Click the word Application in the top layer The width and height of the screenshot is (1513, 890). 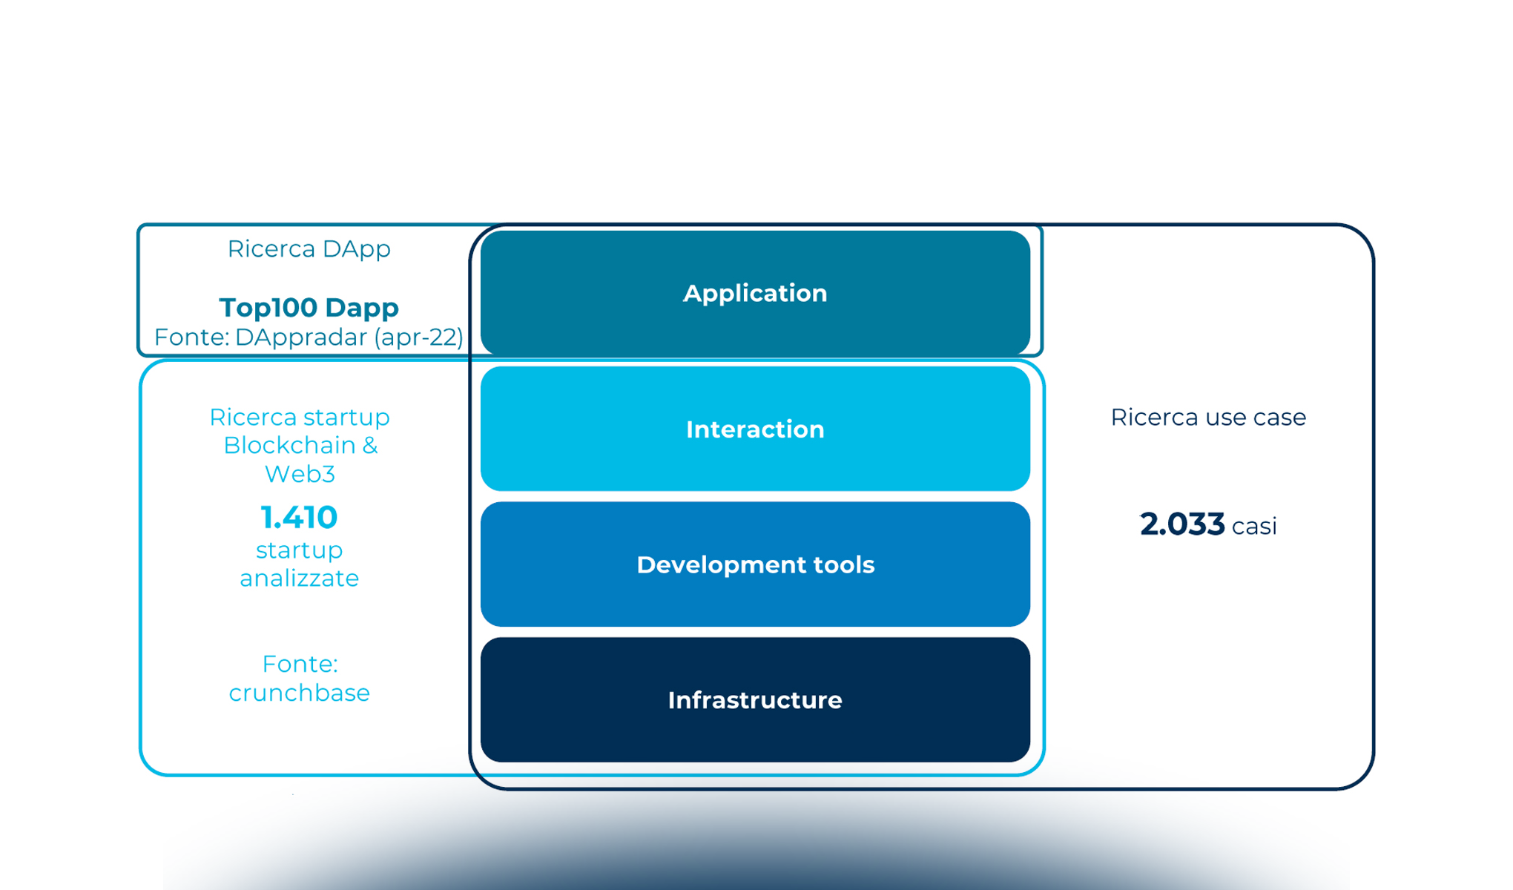pos(754,294)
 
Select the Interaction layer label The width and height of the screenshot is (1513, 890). pos(754,429)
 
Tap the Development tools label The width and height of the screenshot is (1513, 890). pos(754,565)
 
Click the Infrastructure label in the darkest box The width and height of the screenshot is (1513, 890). pos(754,700)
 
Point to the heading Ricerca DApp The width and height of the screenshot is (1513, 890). pos(309,249)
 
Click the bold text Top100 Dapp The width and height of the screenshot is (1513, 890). pos(309,307)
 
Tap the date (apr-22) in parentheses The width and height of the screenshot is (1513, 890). pos(419,337)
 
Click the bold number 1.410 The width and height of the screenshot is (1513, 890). pos(299,518)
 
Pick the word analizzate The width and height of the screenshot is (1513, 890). pos(299,578)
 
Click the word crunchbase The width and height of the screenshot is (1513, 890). pos(299,693)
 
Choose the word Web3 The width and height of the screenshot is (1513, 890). pos(299,474)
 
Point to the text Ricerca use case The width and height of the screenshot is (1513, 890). pos(1207,418)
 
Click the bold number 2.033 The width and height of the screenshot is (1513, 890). pos(1181,525)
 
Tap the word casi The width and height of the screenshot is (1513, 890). pos(1254,527)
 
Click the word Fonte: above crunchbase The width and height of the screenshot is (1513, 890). pos(300,664)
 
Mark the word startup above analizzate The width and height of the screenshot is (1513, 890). pos(299,550)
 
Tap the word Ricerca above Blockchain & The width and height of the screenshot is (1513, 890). pos(249,418)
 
